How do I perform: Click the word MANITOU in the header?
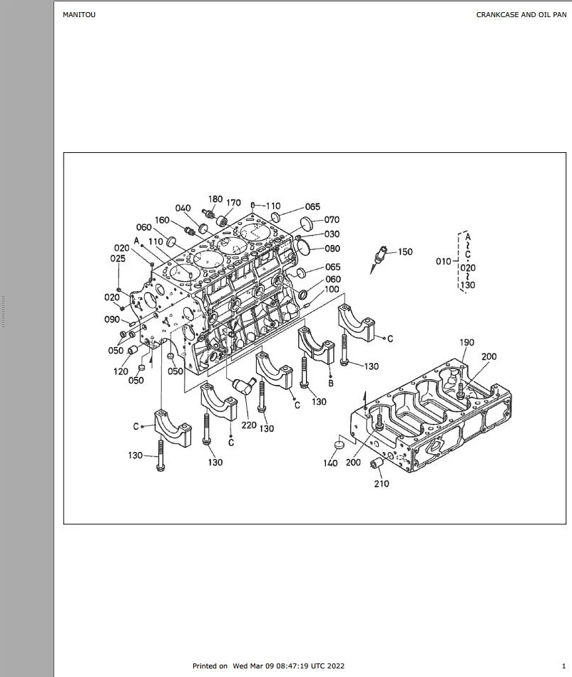pyautogui.click(x=79, y=15)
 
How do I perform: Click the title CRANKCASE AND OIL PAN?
pyautogui.click(x=521, y=15)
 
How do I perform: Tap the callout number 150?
pyautogui.click(x=405, y=251)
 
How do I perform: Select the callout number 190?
pyautogui.click(x=467, y=342)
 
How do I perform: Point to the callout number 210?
pyautogui.click(x=382, y=483)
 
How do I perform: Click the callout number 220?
pyautogui.click(x=249, y=426)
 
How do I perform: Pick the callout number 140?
pyautogui.click(x=331, y=463)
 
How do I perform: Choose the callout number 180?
pyautogui.click(x=215, y=199)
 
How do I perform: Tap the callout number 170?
pyautogui.click(x=234, y=203)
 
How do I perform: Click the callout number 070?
pyautogui.click(x=332, y=220)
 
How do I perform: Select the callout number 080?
pyautogui.click(x=332, y=249)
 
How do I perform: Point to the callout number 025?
pyautogui.click(x=118, y=259)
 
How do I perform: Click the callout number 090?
pyautogui.click(x=112, y=319)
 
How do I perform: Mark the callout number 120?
pyautogui.click(x=121, y=371)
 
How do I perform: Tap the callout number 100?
pyautogui.click(x=332, y=289)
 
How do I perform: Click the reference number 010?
pyautogui.click(x=444, y=261)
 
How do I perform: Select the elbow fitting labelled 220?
pyautogui.click(x=244, y=385)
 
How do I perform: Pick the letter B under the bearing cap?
pyautogui.click(x=331, y=383)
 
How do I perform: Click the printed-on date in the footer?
pyautogui.click(x=289, y=666)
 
